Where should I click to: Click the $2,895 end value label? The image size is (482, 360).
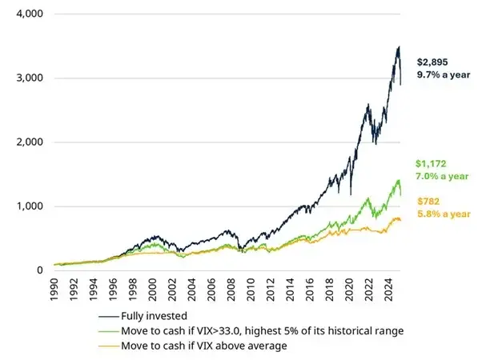click(433, 62)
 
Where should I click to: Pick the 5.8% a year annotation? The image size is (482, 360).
click(441, 215)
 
